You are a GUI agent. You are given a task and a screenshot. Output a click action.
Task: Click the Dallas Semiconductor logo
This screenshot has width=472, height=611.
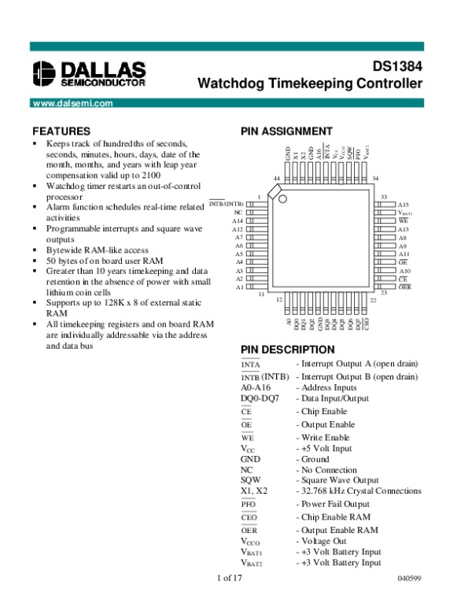pyautogui.click(x=88, y=72)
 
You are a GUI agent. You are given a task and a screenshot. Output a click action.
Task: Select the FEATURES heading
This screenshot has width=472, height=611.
pyautogui.click(x=61, y=131)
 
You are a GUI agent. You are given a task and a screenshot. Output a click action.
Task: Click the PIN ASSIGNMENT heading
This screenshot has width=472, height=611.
pyautogui.click(x=286, y=131)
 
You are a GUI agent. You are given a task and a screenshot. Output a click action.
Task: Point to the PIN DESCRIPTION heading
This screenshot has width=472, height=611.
pyautogui.click(x=287, y=350)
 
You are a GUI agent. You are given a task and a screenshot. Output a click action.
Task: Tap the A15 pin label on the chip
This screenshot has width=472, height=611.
pyautogui.click(x=404, y=204)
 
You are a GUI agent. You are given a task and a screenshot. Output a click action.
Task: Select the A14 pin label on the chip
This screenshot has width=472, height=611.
pyautogui.click(x=238, y=221)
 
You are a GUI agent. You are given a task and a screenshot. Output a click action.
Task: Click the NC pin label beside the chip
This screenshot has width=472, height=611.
pyautogui.click(x=238, y=213)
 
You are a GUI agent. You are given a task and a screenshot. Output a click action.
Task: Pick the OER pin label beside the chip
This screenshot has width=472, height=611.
pyautogui.click(x=404, y=287)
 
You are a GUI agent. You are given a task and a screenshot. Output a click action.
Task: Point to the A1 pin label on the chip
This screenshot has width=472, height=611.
pyautogui.click(x=238, y=287)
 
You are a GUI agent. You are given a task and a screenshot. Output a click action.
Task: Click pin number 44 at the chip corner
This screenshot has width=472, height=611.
pyautogui.click(x=277, y=179)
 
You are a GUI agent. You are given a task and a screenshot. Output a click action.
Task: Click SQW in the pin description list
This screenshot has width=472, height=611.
pyautogui.click(x=250, y=480)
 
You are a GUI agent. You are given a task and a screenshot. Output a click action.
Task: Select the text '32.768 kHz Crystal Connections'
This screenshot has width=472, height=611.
pyautogui.click(x=360, y=491)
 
